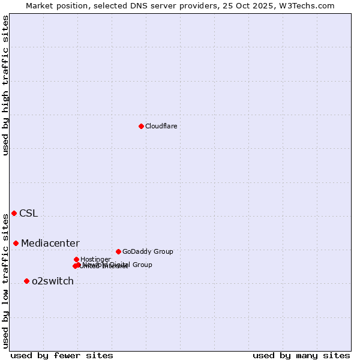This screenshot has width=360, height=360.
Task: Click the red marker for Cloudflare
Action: click(x=141, y=126)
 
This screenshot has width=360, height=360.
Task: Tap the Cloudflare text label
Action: click(x=161, y=126)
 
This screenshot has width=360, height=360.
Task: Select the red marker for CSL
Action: click(x=14, y=213)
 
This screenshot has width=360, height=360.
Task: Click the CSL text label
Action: click(x=28, y=213)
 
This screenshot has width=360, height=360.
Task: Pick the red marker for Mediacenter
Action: click(x=16, y=243)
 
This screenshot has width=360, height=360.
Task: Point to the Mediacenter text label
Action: click(x=50, y=243)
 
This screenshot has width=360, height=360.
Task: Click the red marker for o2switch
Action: click(x=26, y=281)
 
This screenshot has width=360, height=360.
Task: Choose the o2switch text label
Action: click(x=52, y=281)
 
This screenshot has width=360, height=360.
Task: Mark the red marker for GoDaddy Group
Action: click(x=118, y=251)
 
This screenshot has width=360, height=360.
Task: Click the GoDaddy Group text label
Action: click(x=147, y=251)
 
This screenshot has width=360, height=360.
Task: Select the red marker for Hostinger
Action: click(x=76, y=259)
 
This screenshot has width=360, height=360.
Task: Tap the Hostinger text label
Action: click(x=95, y=259)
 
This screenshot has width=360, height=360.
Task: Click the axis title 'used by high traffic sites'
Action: click(x=5, y=85)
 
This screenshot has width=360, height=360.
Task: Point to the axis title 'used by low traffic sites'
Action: click(x=5, y=281)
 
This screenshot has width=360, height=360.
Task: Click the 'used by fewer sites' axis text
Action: click(x=62, y=355)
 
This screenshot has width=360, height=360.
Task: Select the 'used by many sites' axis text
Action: click(x=301, y=355)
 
